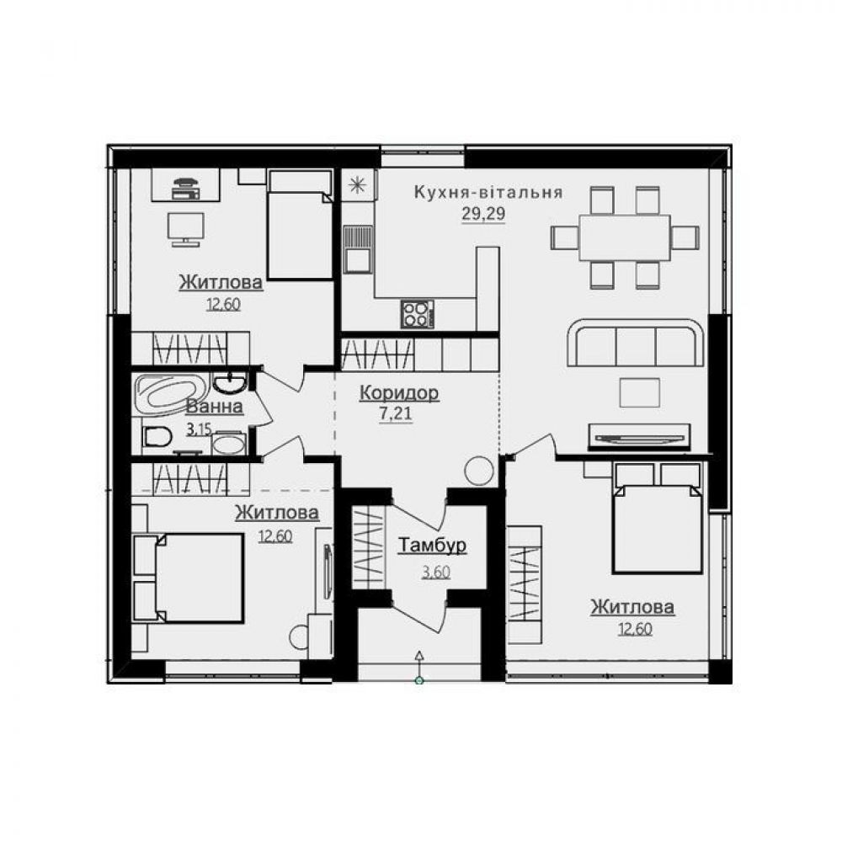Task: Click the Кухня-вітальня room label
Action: [x=488, y=192]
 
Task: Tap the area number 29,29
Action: [x=483, y=214]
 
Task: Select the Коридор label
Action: [x=399, y=392]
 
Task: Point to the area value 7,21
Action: [x=396, y=414]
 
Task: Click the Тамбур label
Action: [x=432, y=546]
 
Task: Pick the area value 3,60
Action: [x=435, y=572]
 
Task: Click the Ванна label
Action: [x=214, y=407]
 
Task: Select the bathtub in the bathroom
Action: [x=171, y=394]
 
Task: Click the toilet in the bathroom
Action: [x=157, y=436]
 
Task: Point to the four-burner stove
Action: [x=418, y=313]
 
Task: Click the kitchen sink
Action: [x=358, y=248]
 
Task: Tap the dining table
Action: [x=625, y=237]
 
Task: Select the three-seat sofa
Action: [x=635, y=343]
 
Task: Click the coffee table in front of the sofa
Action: [x=640, y=392]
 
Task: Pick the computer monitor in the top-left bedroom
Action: [x=186, y=229]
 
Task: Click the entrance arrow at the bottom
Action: [x=420, y=666]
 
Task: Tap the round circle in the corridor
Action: [x=478, y=471]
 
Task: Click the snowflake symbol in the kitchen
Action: [x=356, y=185]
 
